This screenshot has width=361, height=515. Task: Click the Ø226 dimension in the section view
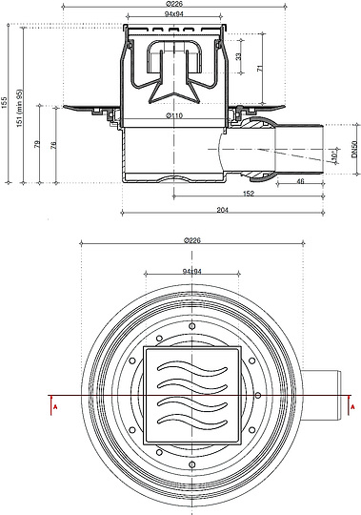[172, 5]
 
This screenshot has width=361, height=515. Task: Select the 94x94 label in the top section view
[172, 16]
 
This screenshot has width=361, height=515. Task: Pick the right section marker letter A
[353, 407]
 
